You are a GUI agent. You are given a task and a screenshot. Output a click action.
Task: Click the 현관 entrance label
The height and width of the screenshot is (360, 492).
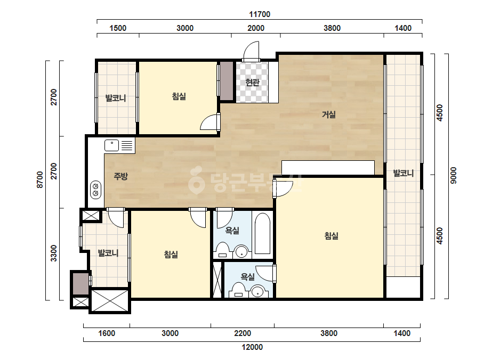click(x=253, y=82)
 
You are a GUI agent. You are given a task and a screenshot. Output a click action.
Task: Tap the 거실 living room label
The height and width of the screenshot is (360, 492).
click(x=329, y=114)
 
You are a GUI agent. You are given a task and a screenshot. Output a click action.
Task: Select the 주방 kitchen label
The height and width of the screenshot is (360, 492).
click(x=121, y=176)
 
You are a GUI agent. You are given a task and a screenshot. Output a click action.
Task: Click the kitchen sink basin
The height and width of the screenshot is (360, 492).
click(x=112, y=145)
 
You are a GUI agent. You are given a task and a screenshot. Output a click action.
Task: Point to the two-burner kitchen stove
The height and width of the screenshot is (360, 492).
click(x=96, y=190)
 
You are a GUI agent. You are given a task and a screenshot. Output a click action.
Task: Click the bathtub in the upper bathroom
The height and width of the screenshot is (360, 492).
click(x=262, y=233)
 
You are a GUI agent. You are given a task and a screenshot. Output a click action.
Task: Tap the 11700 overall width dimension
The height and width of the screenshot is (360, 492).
click(x=260, y=14)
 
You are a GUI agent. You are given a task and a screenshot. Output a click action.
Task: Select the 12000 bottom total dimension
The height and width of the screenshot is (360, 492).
click(x=252, y=347)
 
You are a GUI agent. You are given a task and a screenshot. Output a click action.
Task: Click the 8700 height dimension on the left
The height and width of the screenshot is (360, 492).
click(x=40, y=179)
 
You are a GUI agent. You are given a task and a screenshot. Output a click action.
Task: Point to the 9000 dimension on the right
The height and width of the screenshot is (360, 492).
click(x=454, y=175)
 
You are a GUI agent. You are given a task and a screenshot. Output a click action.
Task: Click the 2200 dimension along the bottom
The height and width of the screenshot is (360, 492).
click(x=243, y=333)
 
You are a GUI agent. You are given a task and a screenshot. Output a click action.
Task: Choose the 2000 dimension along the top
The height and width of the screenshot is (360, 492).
click(x=256, y=28)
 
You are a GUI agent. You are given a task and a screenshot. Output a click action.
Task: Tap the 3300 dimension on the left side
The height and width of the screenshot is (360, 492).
click(x=54, y=253)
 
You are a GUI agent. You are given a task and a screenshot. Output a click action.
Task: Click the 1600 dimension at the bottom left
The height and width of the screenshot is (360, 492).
click(x=107, y=333)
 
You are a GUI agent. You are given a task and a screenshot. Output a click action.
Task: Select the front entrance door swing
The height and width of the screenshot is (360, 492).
click(x=251, y=51)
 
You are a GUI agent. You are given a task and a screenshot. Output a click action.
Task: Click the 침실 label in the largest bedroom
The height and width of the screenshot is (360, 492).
click(x=332, y=235)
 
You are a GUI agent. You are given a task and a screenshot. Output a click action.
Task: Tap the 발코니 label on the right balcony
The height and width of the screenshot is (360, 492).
click(x=404, y=173)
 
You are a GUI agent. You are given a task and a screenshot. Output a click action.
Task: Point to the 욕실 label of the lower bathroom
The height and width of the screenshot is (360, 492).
click(x=248, y=276)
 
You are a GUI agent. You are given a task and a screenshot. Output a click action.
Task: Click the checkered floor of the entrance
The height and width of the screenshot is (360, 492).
click(x=252, y=82)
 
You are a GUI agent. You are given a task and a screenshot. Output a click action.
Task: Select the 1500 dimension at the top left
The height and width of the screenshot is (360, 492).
click(x=118, y=28)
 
